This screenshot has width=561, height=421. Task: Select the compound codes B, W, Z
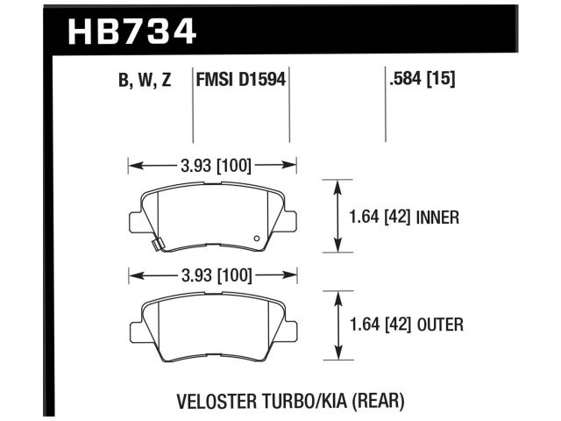pos(145,82)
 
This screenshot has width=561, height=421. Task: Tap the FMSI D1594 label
pos(241,82)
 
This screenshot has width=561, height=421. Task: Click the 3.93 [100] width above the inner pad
pos(213,163)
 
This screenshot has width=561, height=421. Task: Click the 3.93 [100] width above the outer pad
pos(213,276)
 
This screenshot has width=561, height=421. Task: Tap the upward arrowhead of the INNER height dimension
pos(338,185)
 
